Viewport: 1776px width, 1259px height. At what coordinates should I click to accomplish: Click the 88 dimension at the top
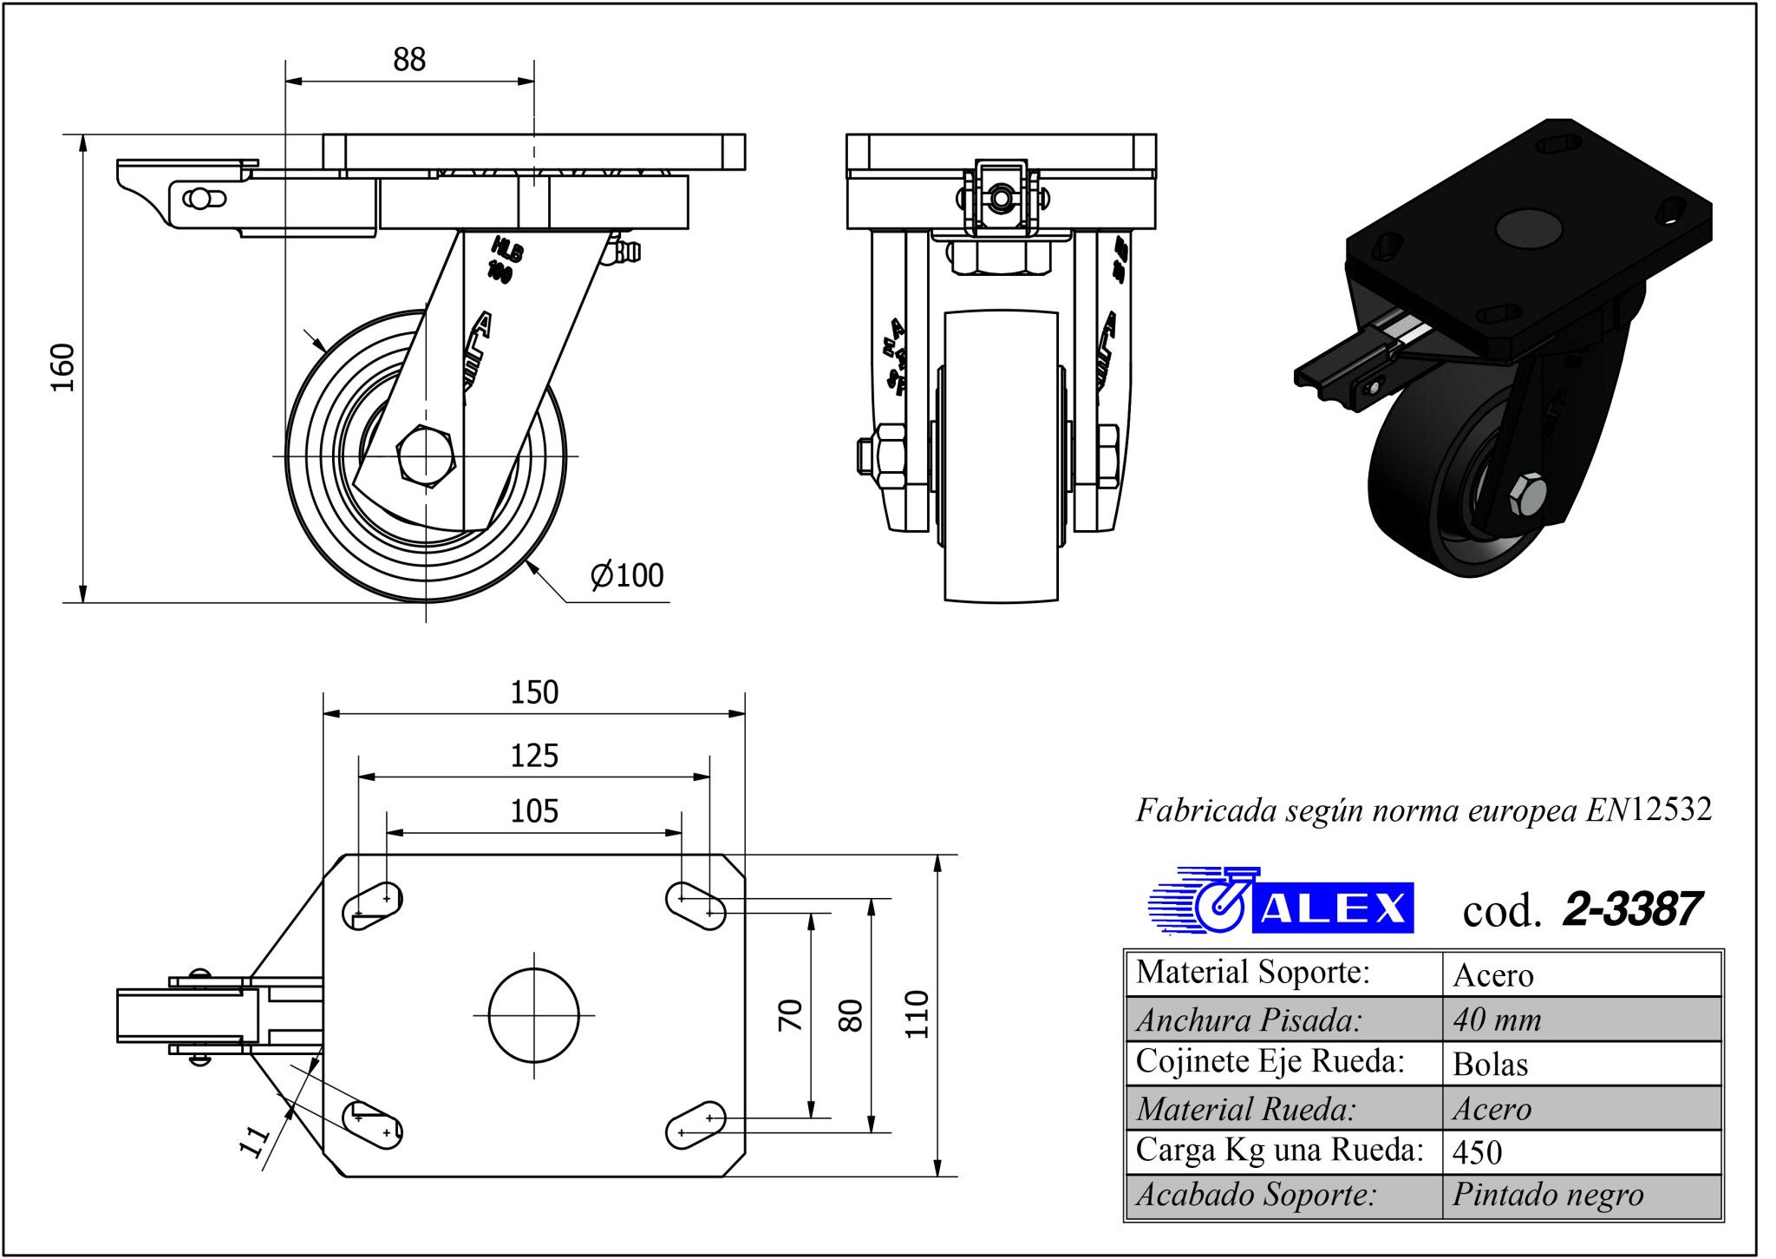click(409, 60)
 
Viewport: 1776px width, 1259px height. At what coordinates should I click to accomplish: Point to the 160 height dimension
click(63, 367)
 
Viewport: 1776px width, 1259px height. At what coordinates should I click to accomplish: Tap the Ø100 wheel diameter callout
click(626, 575)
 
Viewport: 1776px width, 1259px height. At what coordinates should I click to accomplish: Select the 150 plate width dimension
click(534, 692)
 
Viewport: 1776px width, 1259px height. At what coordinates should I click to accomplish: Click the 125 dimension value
click(534, 756)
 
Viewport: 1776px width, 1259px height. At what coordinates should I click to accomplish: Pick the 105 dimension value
click(534, 811)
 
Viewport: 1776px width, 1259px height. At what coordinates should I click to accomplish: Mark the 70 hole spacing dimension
click(790, 1014)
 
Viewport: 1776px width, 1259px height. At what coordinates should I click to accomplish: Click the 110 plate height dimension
click(917, 1014)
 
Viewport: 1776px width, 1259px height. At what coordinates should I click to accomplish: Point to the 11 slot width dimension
click(255, 1142)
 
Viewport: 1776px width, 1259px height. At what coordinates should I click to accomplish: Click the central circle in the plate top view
click(533, 1015)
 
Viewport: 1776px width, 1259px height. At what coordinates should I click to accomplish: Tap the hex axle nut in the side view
click(426, 455)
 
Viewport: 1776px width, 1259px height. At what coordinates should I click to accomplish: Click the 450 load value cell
click(1477, 1152)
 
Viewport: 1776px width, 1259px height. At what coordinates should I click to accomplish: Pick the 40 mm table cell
click(1497, 1020)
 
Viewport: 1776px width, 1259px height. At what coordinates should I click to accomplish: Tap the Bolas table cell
click(1490, 1065)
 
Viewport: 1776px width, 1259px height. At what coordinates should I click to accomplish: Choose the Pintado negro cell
click(1548, 1196)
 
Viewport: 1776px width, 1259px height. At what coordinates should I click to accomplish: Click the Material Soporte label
click(1252, 973)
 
